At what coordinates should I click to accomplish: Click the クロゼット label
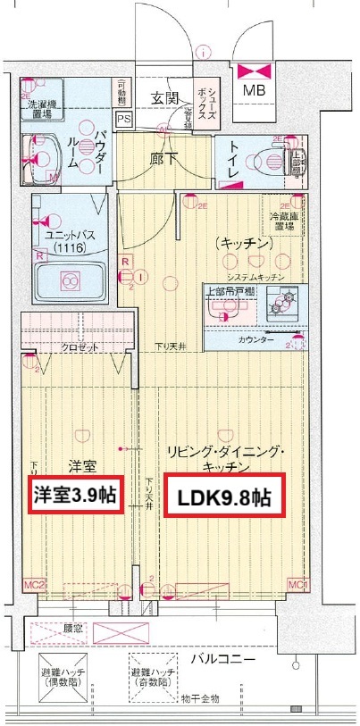click(x=80, y=349)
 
